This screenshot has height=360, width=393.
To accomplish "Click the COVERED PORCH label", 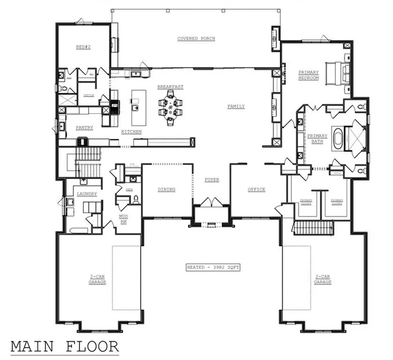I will coord(196,38).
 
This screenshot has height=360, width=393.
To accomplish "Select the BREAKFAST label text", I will coord(170,87).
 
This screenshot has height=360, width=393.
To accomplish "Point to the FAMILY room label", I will coord(236,106).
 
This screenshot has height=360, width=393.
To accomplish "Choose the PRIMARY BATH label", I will coord(317,139).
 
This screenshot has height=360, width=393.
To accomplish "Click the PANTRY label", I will coord(84,127).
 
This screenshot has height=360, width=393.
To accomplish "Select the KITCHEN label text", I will coord(132,132).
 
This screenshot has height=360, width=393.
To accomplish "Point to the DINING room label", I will coord(166,189).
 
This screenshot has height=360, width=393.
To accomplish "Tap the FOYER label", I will coord(212,180).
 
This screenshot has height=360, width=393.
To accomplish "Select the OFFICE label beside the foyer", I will coord(256,189).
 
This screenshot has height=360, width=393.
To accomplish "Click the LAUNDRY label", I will coord(87,194).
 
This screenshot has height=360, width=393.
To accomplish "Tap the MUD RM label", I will coord(123,219).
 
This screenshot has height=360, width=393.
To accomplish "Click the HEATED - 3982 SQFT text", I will coord(213,267).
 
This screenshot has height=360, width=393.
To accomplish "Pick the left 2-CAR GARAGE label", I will coord(98,280).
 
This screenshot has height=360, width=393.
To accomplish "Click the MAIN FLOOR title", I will coord(64,346).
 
